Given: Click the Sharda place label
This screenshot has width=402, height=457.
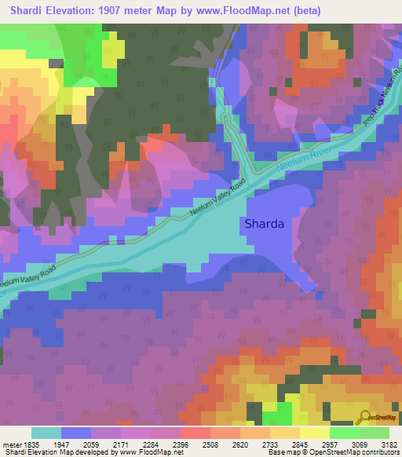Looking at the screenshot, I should tap(265, 224).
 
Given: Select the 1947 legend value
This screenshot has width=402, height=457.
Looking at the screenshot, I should tap(76, 444).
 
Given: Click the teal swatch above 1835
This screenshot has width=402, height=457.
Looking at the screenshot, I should tap(46, 433).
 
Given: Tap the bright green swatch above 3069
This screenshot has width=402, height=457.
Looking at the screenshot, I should tap(345, 433).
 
